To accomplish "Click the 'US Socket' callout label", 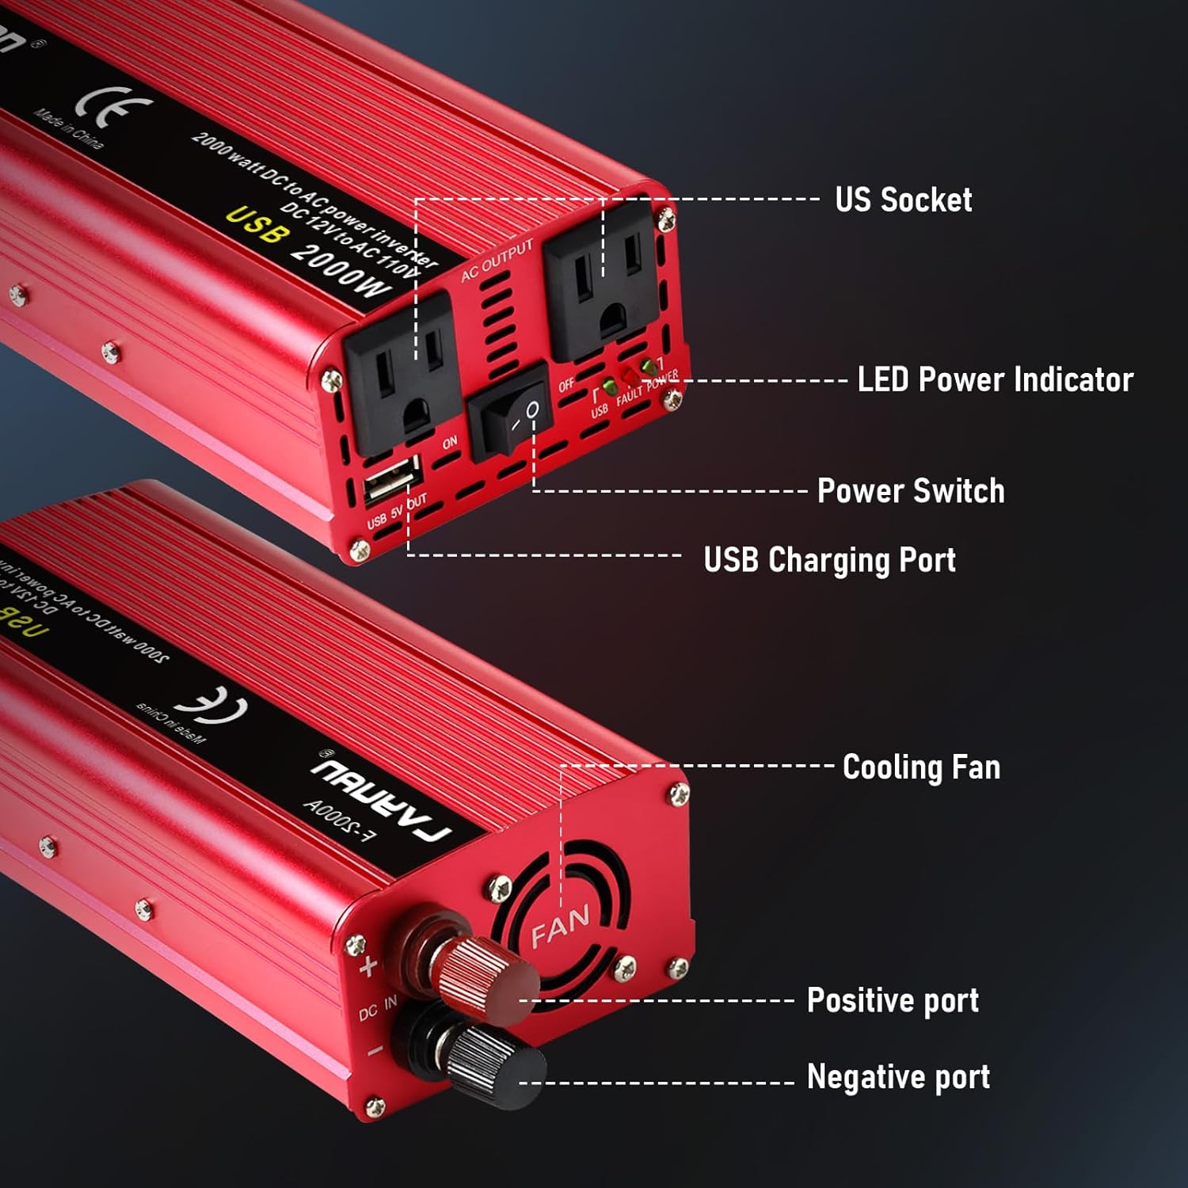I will click(903, 200).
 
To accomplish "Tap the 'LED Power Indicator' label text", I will click(995, 380).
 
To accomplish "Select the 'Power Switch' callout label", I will click(910, 491).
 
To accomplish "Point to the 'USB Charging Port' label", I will click(829, 560).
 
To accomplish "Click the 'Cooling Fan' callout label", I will click(921, 767).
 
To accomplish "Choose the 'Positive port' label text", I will click(893, 1000).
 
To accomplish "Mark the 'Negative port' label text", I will click(898, 1077).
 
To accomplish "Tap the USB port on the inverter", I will click(392, 480).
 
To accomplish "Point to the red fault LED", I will click(630, 375).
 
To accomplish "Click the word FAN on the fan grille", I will click(559, 926).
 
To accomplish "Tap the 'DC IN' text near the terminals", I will click(378, 1008).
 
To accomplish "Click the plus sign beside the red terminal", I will click(368, 967).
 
